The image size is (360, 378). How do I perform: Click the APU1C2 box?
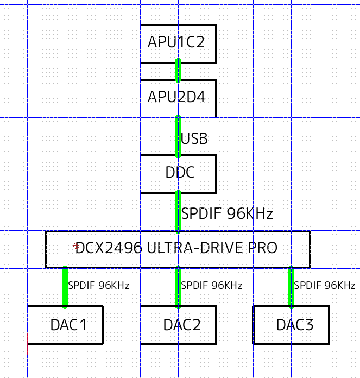[x=178, y=43]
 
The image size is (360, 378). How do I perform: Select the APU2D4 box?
[x=178, y=98]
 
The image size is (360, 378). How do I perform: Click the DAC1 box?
[x=65, y=325]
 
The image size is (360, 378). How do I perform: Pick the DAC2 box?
[x=178, y=325]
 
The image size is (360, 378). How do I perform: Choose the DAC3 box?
[x=291, y=325]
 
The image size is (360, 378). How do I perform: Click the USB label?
[x=194, y=138]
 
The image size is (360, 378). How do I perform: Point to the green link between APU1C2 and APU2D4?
[x=178, y=71]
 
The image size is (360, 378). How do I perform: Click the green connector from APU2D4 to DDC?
[x=178, y=136]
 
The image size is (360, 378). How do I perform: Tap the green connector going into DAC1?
[x=65, y=287]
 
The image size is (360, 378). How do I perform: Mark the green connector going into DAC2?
[x=178, y=287]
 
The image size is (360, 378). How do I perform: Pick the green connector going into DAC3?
[x=291, y=287]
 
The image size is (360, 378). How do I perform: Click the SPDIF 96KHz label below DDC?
[x=227, y=213]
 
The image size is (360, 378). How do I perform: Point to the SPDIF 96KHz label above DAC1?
[x=98, y=285]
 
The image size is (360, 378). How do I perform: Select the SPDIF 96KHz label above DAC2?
[x=211, y=285]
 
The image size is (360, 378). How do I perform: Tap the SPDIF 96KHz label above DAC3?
[x=325, y=285]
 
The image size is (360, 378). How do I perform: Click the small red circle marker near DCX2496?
[x=76, y=246]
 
